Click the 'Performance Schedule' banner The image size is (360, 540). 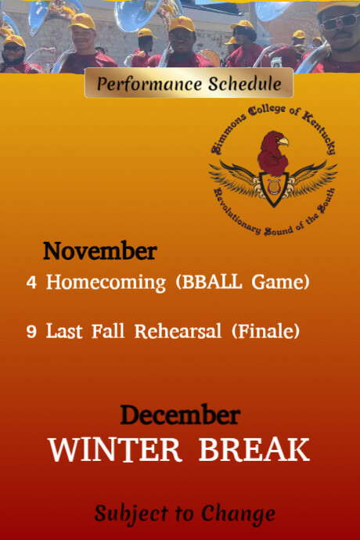[189, 83]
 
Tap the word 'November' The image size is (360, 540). [99, 251]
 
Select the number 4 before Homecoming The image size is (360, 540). [31, 283]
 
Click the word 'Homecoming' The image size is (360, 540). [106, 283]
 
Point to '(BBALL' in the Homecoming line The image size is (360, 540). [210, 283]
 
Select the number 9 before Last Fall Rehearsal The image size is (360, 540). [31, 332]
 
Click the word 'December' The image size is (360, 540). [179, 415]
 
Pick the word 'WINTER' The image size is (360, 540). [115, 450]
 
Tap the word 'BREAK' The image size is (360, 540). [254, 450]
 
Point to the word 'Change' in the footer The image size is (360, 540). [238, 513]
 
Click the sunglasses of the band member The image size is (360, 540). [338, 21]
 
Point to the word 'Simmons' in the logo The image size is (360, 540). [226, 134]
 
